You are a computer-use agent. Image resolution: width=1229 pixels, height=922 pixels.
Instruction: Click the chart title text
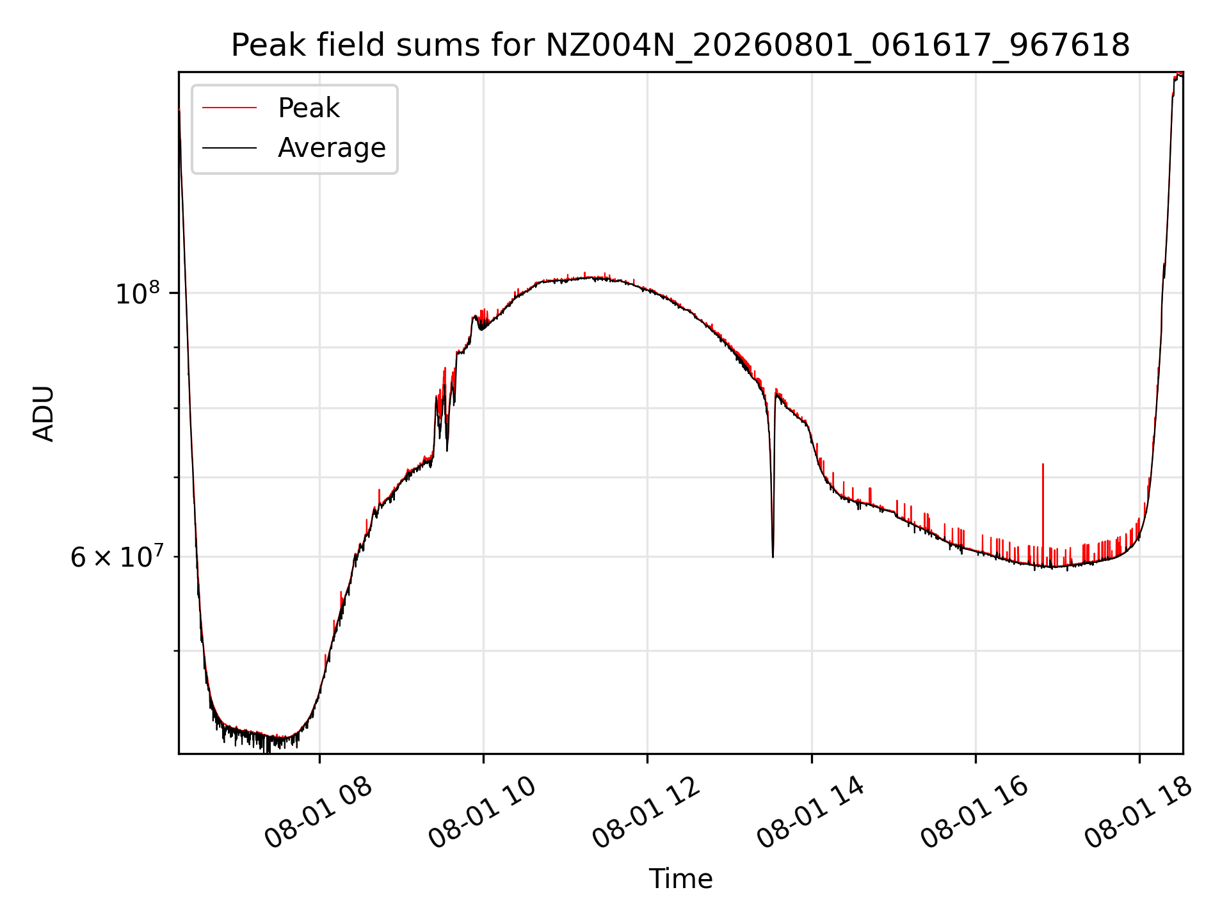pos(680,45)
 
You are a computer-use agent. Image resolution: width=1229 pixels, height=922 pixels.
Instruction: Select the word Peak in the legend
pos(309,108)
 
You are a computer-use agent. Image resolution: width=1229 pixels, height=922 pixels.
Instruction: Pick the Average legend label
pos(332,148)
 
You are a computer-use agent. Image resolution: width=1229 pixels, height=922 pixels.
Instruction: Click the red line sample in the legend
pos(229,108)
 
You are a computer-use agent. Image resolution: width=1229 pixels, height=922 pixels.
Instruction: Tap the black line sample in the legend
pos(229,148)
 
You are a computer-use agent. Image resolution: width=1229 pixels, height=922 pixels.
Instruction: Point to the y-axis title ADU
pos(44,414)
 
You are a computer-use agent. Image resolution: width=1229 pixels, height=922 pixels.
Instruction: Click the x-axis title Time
pos(680,879)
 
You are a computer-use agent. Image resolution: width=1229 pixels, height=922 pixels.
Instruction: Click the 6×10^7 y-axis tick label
pos(116,556)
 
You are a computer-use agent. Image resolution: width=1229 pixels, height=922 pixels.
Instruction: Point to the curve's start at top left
pos(179,110)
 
